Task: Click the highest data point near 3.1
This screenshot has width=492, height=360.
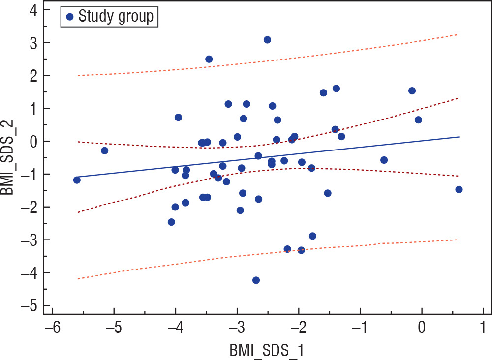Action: pyautogui.click(x=267, y=40)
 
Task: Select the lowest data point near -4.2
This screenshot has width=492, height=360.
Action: pyautogui.click(x=256, y=280)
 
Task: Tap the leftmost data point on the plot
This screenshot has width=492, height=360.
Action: pyautogui.click(x=77, y=180)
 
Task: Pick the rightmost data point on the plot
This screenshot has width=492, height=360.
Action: pyautogui.click(x=459, y=189)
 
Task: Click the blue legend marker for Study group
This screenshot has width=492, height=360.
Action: pyautogui.click(x=70, y=17)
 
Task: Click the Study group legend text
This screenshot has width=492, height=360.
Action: pyautogui.click(x=116, y=17)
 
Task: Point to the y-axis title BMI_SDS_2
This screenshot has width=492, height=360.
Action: pyautogui.click(x=10, y=158)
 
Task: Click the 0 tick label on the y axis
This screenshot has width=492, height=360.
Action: pyautogui.click(x=34, y=142)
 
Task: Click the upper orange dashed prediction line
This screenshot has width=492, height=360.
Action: pyautogui.click(x=344, y=50)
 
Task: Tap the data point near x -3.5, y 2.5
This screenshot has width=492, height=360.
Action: pyautogui.click(x=209, y=59)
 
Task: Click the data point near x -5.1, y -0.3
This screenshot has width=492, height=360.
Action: pyautogui.click(x=104, y=150)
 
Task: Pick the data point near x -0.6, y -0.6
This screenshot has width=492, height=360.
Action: pyautogui.click(x=384, y=160)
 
